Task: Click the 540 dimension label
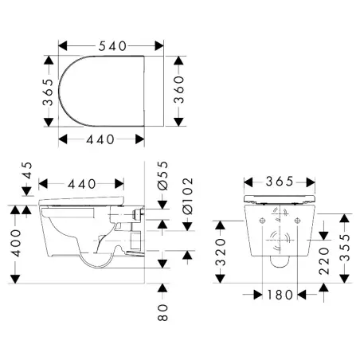click(112, 46)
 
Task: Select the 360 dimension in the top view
click(179, 89)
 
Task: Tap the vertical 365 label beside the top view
click(48, 92)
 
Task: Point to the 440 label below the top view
click(100, 139)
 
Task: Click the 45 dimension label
click(27, 170)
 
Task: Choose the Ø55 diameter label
click(162, 176)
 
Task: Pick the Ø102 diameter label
click(187, 196)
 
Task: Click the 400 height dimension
click(15, 243)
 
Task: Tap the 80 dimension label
click(162, 312)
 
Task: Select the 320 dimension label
click(221, 252)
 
